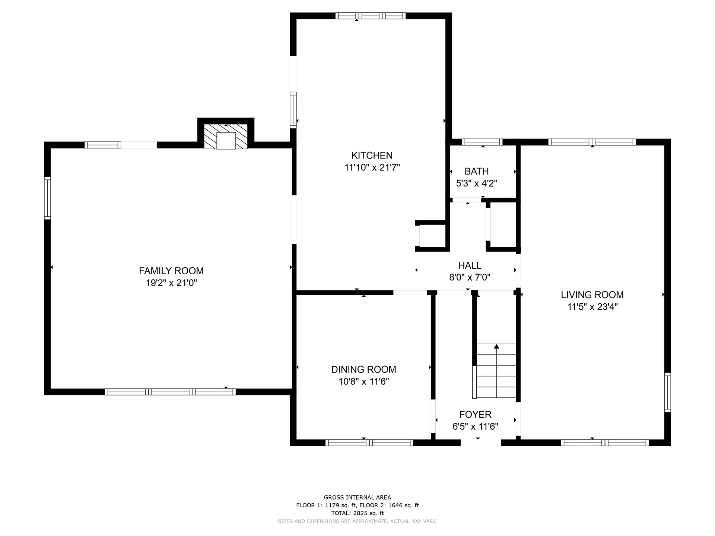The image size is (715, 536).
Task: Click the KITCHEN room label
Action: coord(372,155)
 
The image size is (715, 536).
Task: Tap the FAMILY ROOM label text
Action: coord(171,271)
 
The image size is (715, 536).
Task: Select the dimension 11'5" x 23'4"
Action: coord(592,307)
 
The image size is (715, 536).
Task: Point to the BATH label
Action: coord(477,171)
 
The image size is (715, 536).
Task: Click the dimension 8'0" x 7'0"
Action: coord(470,277)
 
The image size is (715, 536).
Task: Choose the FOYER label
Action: coord(475,414)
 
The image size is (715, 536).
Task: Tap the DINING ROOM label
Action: coord(363,369)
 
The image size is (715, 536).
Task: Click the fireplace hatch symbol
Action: coord(226,137)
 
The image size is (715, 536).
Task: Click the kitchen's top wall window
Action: coord(370,16)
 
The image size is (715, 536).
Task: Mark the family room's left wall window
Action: coord(47,198)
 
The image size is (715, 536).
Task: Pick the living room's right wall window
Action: coord(668,392)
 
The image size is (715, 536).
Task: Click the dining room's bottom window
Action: coord(369,443)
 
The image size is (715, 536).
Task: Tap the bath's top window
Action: coord(482,142)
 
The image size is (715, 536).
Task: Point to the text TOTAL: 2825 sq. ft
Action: coord(357,513)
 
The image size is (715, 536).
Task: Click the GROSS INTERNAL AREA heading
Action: coord(357,497)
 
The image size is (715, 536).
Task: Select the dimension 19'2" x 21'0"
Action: coord(171,283)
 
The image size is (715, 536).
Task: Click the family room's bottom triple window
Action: coord(170,392)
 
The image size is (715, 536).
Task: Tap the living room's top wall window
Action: coord(592,142)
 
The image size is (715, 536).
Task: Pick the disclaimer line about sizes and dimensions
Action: coord(357,521)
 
